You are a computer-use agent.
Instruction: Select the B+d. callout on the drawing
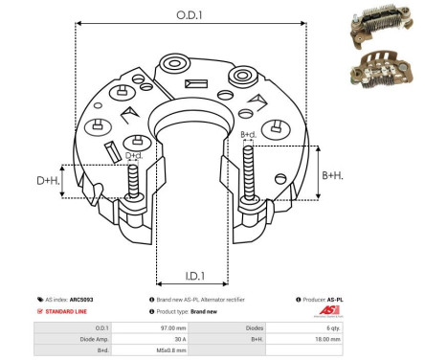pos(248,135)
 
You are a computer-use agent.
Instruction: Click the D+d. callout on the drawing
pos(134,155)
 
